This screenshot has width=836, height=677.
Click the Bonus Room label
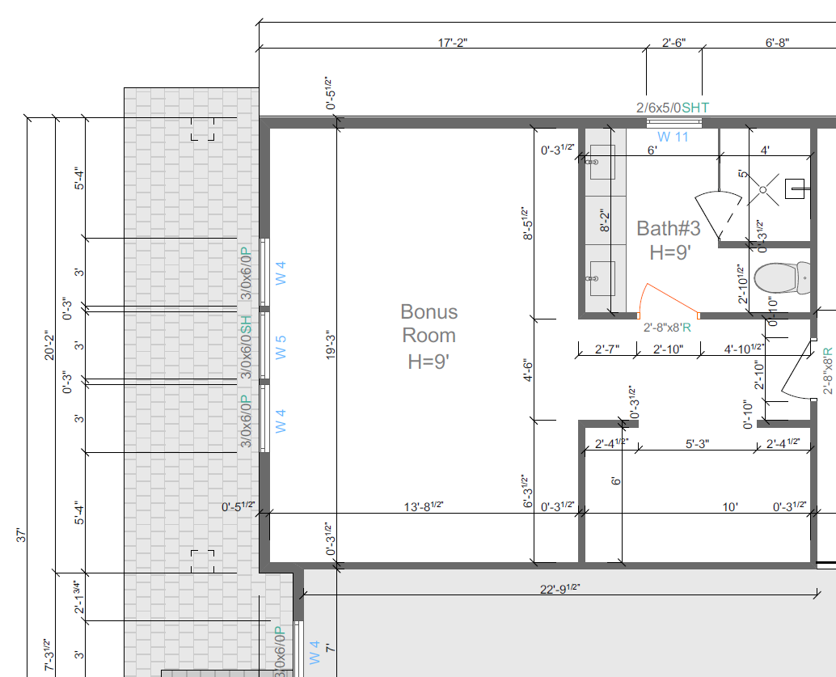[429, 336]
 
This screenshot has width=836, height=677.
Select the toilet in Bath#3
[782, 277]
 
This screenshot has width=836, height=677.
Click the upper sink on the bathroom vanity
[602, 162]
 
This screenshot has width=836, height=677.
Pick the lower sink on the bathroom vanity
[602, 278]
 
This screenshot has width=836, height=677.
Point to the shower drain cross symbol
[763, 189]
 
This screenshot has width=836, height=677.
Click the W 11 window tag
[673, 138]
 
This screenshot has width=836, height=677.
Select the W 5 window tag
[281, 347]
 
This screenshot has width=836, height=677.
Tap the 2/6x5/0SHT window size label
[673, 108]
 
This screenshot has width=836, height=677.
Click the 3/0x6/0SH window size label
[246, 347]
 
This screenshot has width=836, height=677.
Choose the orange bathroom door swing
[669, 300]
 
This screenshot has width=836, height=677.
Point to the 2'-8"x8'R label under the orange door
[667, 328]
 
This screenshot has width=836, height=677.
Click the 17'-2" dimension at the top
[453, 43]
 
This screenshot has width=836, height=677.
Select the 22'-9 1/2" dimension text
[559, 589]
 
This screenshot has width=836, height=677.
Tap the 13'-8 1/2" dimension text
[424, 506]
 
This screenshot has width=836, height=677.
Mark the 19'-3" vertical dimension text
[331, 345]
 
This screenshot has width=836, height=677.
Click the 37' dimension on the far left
[21, 535]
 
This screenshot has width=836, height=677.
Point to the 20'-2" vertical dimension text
[49, 345]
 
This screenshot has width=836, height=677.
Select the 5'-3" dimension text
[697, 444]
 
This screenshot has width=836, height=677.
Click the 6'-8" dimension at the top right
[777, 43]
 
